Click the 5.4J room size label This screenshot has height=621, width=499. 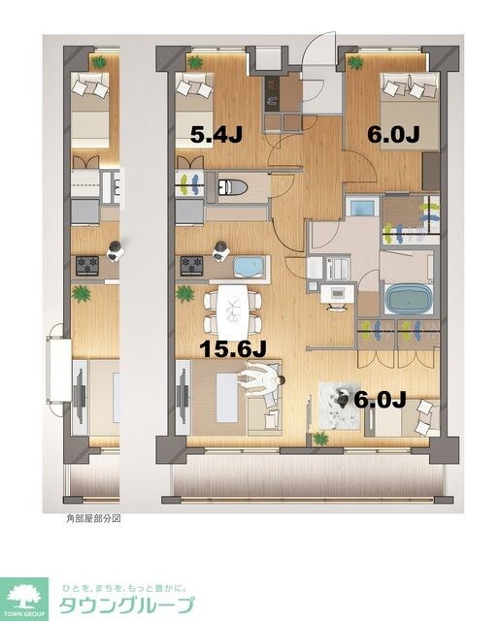(x=215, y=135)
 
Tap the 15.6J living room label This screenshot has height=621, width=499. (x=234, y=346)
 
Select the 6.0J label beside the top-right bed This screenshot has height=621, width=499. (x=391, y=135)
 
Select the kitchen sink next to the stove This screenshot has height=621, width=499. (x=250, y=265)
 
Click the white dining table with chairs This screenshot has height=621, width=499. (x=232, y=308)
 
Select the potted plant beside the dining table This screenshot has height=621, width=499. (x=184, y=293)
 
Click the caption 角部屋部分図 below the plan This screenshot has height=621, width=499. (x=93, y=519)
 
